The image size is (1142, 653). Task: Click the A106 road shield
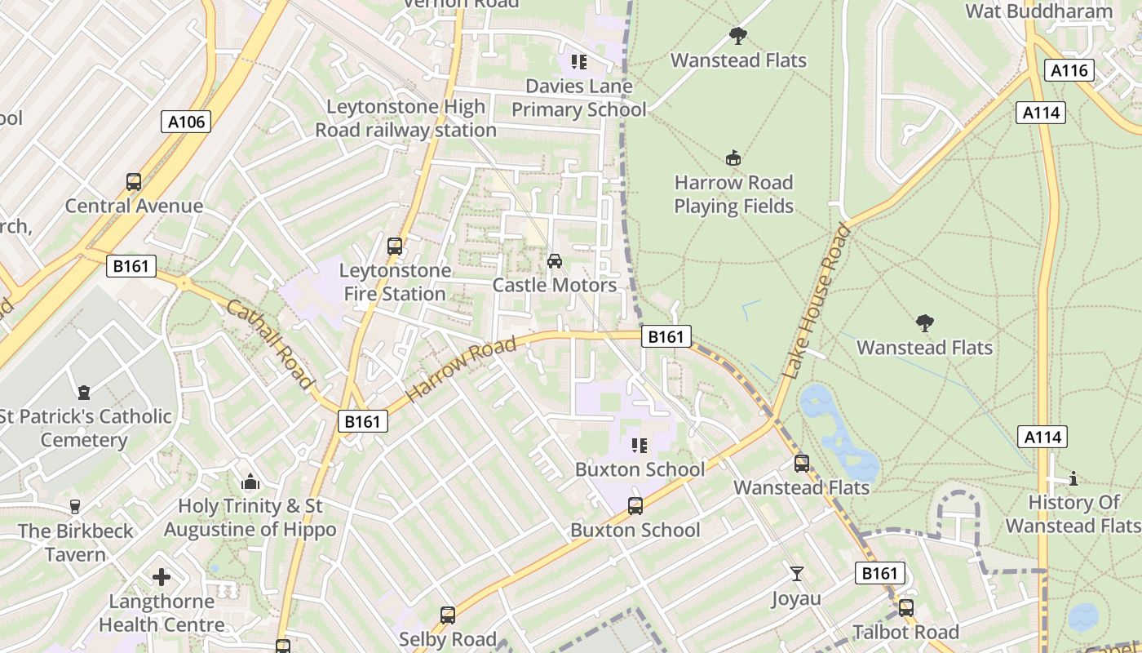(186, 122)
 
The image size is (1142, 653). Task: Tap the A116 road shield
(1069, 71)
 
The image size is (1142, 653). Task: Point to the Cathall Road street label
(270, 344)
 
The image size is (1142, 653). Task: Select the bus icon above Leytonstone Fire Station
(395, 246)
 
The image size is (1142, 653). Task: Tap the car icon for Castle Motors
(555, 261)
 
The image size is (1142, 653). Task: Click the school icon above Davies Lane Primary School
(579, 62)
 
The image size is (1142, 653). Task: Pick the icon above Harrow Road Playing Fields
(733, 158)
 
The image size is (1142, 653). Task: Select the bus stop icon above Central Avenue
(134, 181)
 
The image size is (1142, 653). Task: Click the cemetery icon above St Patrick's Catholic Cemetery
(84, 393)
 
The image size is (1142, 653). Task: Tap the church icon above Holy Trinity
(250, 482)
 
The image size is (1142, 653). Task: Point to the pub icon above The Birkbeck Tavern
(76, 507)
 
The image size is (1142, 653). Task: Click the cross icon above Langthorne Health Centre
(162, 577)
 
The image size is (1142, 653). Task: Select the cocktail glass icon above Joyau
(797, 574)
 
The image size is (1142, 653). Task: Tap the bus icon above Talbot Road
(906, 608)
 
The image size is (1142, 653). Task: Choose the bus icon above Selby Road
(448, 615)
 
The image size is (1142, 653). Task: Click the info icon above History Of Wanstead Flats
(1073, 478)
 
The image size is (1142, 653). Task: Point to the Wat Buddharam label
(1039, 11)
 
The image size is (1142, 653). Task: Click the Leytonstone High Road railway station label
(406, 118)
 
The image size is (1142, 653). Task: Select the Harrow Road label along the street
(462, 369)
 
